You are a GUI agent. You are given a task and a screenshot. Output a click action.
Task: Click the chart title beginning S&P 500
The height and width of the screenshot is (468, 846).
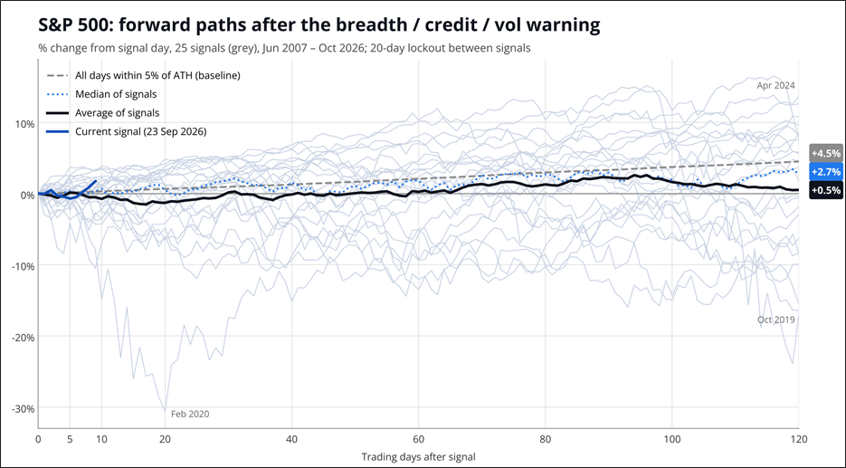coord(318,24)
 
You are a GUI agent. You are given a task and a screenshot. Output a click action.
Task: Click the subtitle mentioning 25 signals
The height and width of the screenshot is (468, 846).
coord(284,48)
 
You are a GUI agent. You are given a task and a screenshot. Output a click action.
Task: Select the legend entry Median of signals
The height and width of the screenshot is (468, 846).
coord(102,94)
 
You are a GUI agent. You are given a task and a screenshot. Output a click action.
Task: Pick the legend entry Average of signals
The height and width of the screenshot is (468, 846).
coord(103,113)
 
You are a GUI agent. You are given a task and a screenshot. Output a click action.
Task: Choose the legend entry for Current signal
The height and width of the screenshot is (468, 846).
coord(127,131)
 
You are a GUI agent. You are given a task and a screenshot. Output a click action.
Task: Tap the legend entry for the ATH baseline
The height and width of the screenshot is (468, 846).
coord(144,75)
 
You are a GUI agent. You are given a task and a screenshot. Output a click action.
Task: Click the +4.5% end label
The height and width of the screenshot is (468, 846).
coord(826,153)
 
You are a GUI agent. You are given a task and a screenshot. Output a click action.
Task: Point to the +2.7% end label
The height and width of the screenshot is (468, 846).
coord(826,172)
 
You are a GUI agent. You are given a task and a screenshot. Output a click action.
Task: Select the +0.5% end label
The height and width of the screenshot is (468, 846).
coord(826,190)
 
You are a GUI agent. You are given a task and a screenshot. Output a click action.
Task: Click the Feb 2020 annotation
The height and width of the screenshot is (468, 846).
coord(190,414)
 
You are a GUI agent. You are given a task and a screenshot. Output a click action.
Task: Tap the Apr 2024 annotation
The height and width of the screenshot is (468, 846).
coord(775,85)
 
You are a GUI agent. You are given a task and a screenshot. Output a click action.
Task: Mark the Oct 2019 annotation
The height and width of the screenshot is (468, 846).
coord(775,320)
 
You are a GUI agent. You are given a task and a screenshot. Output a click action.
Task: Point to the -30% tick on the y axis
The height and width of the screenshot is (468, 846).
coord(24,408)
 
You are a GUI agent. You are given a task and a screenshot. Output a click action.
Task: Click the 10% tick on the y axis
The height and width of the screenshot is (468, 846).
coord(24,124)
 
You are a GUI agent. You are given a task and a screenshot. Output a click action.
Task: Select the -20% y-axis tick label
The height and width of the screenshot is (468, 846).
coord(24,338)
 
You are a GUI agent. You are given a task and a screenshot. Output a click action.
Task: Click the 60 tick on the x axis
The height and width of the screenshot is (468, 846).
coord(418,439)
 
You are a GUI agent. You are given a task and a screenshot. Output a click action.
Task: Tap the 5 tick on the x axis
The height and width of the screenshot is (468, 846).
coord(70,439)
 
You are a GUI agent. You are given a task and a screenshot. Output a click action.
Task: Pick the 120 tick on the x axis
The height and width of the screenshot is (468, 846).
coord(799,439)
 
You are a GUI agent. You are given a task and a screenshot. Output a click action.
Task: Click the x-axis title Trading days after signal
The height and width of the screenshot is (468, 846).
coord(418,456)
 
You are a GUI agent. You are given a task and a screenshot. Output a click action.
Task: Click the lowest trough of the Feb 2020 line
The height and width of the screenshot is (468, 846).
coord(165,411)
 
